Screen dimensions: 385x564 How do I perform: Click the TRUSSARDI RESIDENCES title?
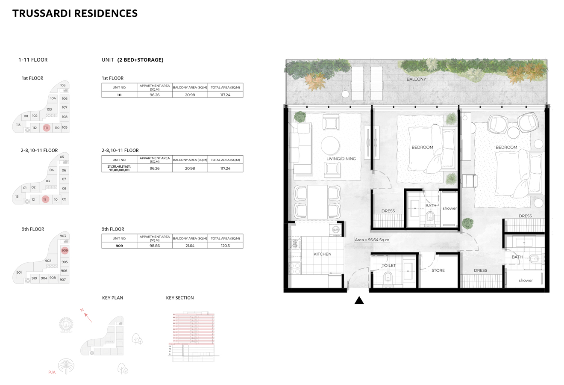click(75, 13)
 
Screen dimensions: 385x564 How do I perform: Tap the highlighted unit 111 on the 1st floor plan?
click(46, 127)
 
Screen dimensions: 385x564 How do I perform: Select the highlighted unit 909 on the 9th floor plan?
click(65, 251)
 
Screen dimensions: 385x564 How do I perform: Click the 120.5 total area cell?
click(225, 246)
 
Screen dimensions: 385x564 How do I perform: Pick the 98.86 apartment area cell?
click(155, 246)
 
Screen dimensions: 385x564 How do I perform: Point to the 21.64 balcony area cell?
click(190, 246)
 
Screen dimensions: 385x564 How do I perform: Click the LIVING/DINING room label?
click(341, 159)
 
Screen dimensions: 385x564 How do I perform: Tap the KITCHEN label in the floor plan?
click(322, 254)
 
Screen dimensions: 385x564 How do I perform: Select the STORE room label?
click(438, 270)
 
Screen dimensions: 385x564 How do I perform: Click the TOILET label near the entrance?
click(388, 266)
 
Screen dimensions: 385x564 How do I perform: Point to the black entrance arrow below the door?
click(359, 300)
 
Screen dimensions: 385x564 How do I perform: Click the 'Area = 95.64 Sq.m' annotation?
click(372, 240)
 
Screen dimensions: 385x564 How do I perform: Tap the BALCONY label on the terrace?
click(416, 79)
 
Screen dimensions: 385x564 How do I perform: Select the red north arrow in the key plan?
click(88, 317)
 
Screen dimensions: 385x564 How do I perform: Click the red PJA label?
click(52, 373)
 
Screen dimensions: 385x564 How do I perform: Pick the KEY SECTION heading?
click(179, 298)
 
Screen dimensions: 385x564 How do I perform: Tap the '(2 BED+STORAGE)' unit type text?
click(140, 60)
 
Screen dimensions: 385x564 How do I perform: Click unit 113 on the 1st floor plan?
click(18, 125)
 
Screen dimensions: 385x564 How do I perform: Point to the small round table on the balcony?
click(345, 94)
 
